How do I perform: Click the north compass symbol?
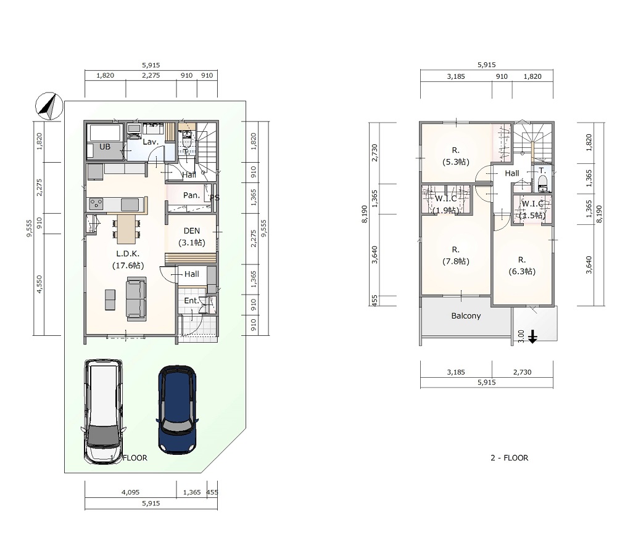[49, 106]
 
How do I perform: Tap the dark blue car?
[177, 409]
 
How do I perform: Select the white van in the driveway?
[104, 411]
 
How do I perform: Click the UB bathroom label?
[105, 147]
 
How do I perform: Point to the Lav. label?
[151, 142]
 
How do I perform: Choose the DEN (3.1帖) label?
[192, 237]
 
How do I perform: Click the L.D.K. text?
[128, 254]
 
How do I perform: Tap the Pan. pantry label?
[191, 195]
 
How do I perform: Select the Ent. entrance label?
[192, 301]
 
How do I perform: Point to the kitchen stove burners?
[96, 205]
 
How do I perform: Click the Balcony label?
[466, 316]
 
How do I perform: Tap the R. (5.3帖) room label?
[456, 156]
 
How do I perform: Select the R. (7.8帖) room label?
[456, 255]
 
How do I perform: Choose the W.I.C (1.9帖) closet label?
[446, 205]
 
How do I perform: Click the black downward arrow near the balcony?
[532, 337]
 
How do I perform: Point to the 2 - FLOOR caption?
[509, 458]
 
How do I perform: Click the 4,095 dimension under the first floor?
[130, 492]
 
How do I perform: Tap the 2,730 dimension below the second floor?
[522, 372]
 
